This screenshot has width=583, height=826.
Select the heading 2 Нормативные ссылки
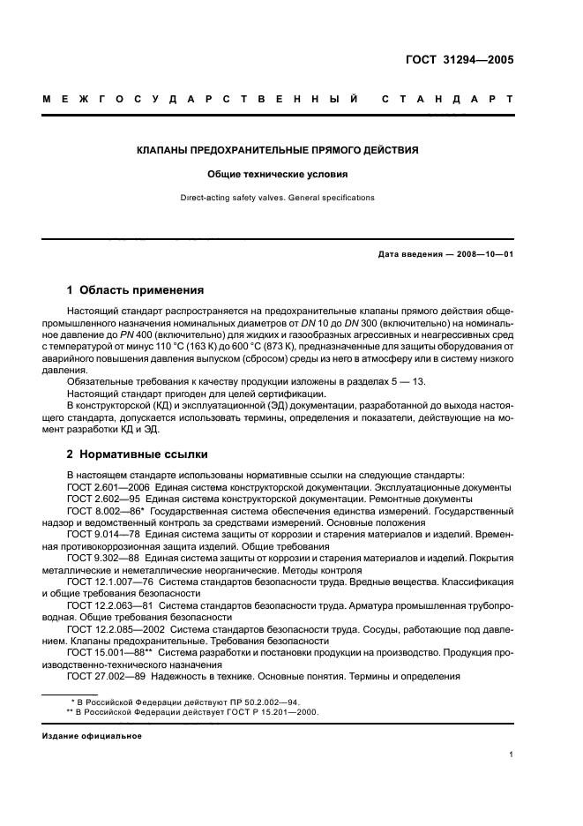pos(138,454)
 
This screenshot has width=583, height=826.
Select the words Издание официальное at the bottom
pos(91,735)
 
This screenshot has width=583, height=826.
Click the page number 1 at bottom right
pos(512,755)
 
